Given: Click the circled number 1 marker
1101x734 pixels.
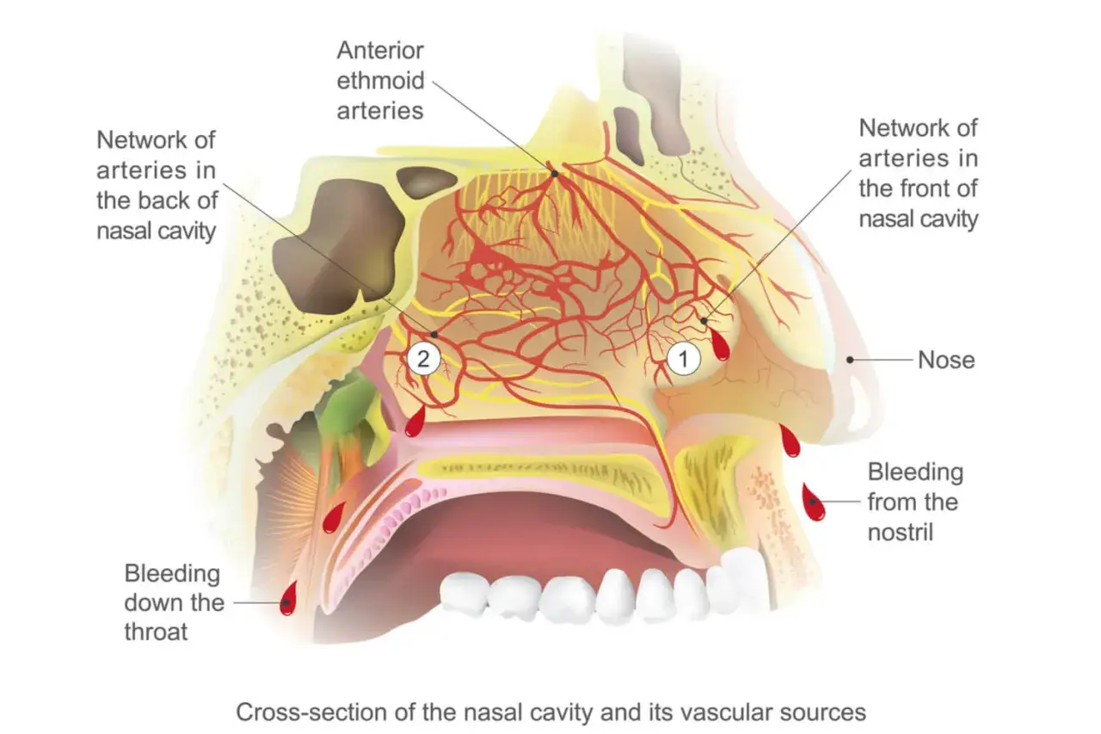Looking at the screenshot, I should point(685,359).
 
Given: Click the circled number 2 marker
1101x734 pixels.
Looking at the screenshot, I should point(422,359).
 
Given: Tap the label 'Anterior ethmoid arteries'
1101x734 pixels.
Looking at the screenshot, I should point(381,80).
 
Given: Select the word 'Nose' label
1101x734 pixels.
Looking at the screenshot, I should point(946,360).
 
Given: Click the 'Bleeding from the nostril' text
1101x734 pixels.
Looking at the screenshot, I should point(914,502).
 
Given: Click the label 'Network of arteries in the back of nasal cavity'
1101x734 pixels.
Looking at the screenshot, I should point(157,185).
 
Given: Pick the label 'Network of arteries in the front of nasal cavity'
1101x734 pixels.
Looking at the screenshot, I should point(919,173).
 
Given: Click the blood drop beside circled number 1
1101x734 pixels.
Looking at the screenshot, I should point(719,346).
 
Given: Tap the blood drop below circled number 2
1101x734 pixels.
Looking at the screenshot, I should point(415,423).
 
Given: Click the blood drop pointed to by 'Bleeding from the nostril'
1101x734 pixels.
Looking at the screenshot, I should point(813,503).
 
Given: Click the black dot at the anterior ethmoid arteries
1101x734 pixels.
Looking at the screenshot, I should point(555,173).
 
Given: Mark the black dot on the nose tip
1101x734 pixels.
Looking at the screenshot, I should point(850,361).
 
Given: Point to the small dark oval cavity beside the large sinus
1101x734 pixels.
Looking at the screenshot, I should point(427,182).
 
